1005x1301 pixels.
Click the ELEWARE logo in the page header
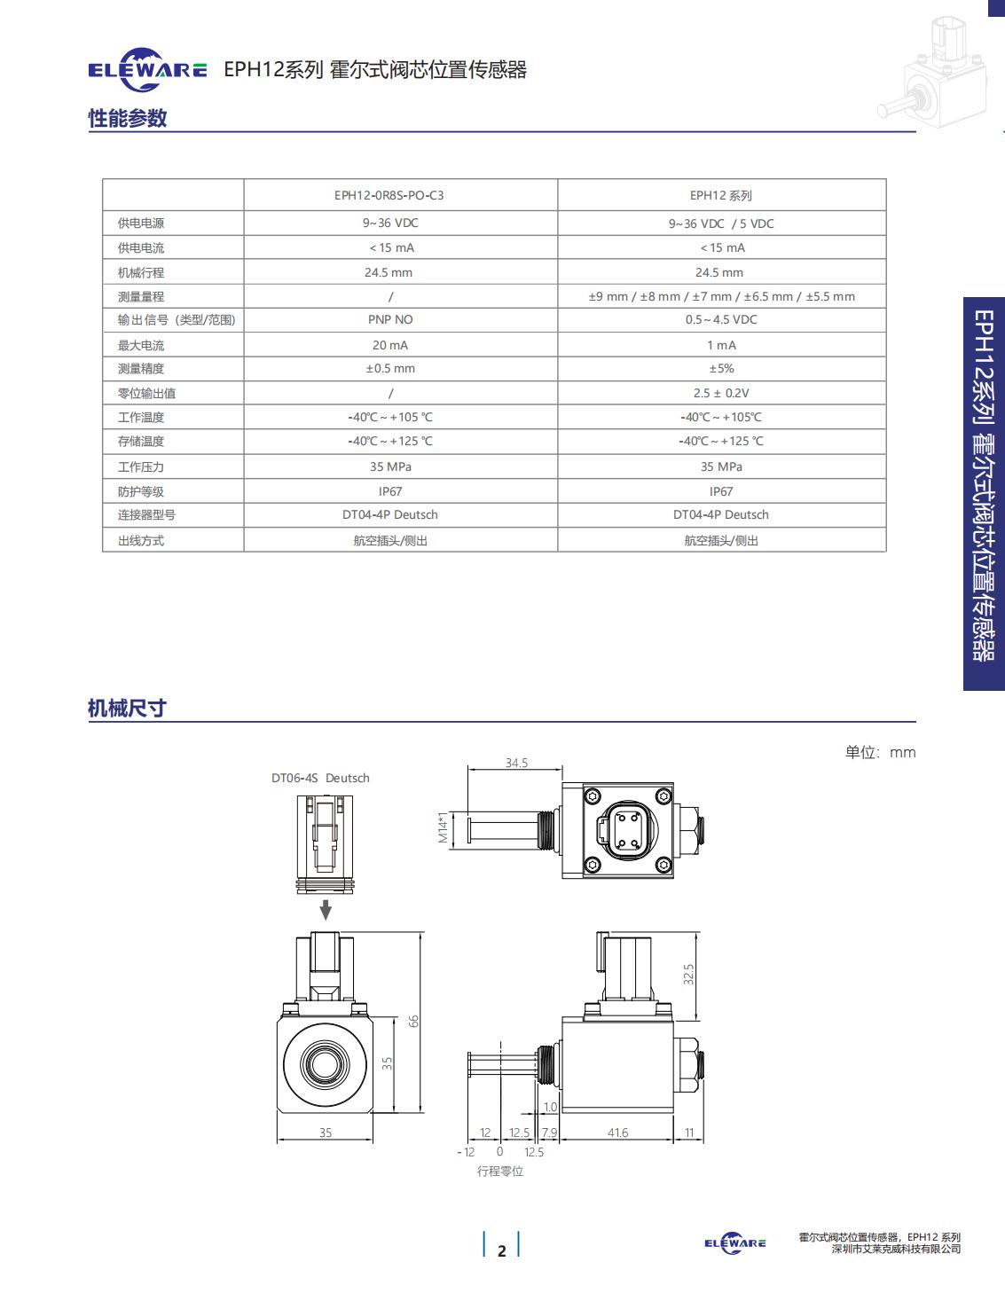(x=147, y=70)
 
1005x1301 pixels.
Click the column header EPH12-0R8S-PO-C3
(x=389, y=195)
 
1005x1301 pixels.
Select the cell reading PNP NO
(x=390, y=320)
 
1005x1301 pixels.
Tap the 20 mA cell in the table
(x=390, y=346)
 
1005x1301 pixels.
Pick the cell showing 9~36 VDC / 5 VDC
(x=721, y=223)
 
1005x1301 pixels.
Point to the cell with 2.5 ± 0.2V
(x=721, y=394)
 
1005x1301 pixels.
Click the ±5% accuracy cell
(x=721, y=369)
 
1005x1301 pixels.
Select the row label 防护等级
(x=141, y=491)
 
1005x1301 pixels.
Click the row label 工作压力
(x=141, y=467)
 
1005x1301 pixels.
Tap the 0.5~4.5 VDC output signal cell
(x=721, y=320)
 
